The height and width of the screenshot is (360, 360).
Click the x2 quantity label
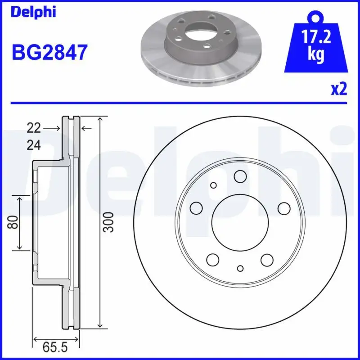pos(338,90)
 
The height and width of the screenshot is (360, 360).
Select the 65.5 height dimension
pos(55,347)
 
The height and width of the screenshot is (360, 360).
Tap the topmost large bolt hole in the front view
pos(240,177)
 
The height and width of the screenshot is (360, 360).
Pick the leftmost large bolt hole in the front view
pos(197,207)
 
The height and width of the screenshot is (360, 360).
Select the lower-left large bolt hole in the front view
pos(213,259)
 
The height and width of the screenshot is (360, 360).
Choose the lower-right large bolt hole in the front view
pos(267,259)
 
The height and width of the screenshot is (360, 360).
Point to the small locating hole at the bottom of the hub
pos(240,269)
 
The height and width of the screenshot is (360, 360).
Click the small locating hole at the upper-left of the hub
pos(213,185)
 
